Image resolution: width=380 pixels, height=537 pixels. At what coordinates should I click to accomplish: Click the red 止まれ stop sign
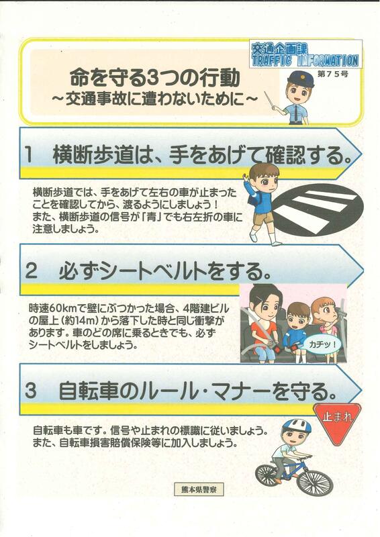point(337,421)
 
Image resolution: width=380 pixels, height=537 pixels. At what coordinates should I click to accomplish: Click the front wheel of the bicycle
point(315,483)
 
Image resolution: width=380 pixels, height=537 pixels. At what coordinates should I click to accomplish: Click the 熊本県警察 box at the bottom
point(199,489)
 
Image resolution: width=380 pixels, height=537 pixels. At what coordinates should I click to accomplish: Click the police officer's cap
point(301,79)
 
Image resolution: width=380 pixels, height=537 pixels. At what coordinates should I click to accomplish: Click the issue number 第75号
point(333,74)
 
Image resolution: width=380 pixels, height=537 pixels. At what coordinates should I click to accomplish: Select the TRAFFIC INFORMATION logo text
point(305,60)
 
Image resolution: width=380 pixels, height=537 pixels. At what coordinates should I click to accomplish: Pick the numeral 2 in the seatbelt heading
point(31,272)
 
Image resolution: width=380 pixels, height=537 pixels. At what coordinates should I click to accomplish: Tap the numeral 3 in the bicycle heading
point(31,391)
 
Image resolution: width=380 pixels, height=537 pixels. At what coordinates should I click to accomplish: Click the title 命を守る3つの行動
point(155,79)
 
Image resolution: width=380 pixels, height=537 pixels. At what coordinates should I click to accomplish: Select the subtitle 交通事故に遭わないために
point(154,99)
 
